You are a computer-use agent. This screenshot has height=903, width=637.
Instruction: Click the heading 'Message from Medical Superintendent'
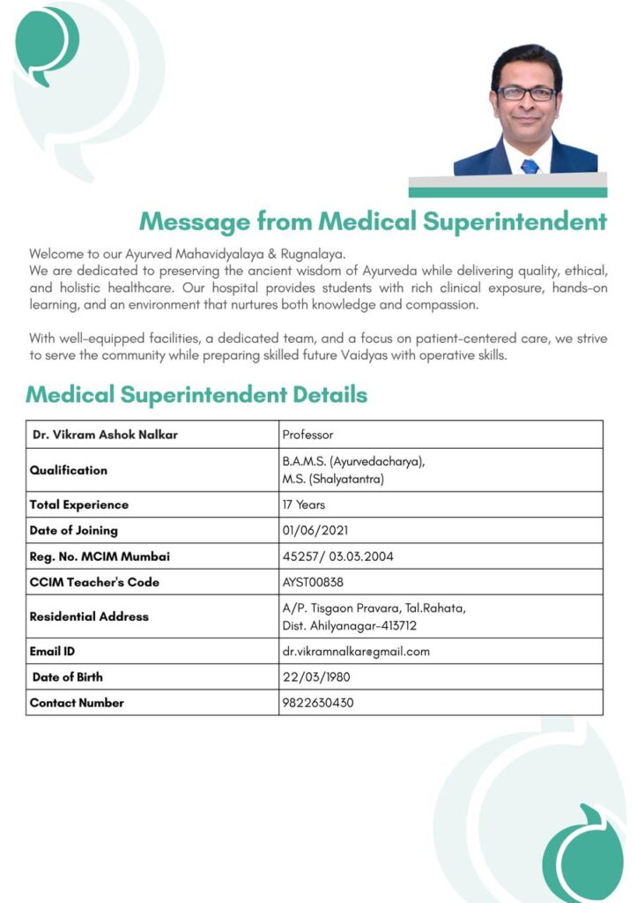[x=373, y=220]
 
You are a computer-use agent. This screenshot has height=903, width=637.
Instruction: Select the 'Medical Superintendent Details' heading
[x=196, y=394]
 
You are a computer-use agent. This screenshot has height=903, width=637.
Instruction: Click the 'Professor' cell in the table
[x=307, y=435]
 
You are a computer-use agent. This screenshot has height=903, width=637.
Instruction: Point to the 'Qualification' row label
[x=69, y=470]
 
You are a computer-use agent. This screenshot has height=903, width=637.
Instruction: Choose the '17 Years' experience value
[x=304, y=504]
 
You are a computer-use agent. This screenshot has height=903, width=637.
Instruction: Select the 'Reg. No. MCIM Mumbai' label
[x=100, y=556]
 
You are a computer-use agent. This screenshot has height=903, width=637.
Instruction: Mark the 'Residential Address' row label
[x=89, y=616]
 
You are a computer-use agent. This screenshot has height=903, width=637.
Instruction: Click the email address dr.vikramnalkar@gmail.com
[x=356, y=652]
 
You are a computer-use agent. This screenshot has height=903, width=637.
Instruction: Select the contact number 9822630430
[x=318, y=703]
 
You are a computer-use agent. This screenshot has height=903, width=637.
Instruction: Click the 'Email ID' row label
[x=52, y=652]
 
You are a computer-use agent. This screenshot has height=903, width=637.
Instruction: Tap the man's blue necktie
[x=530, y=165]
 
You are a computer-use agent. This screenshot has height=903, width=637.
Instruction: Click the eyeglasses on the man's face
[x=526, y=93]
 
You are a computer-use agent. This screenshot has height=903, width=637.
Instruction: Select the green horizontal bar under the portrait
[x=507, y=192]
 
